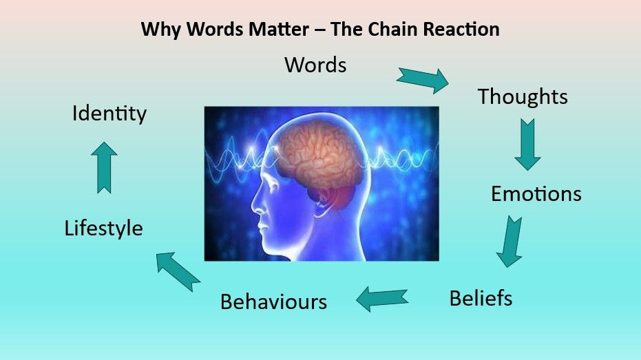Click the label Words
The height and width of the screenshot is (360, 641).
click(x=315, y=65)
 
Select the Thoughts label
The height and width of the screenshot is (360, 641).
click(x=523, y=96)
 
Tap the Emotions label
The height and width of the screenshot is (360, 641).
click(x=536, y=194)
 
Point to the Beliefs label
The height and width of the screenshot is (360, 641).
click(x=481, y=298)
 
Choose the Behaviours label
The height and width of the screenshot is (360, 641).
click(x=273, y=301)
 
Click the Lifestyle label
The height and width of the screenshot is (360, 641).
click(x=104, y=228)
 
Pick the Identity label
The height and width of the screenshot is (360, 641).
click(x=109, y=113)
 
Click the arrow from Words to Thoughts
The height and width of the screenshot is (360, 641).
click(x=422, y=78)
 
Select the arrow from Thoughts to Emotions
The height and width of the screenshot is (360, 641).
click(x=527, y=144)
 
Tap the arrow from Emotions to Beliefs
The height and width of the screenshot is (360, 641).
click(x=510, y=241)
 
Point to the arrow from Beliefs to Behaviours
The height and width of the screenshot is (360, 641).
click(x=382, y=297)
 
